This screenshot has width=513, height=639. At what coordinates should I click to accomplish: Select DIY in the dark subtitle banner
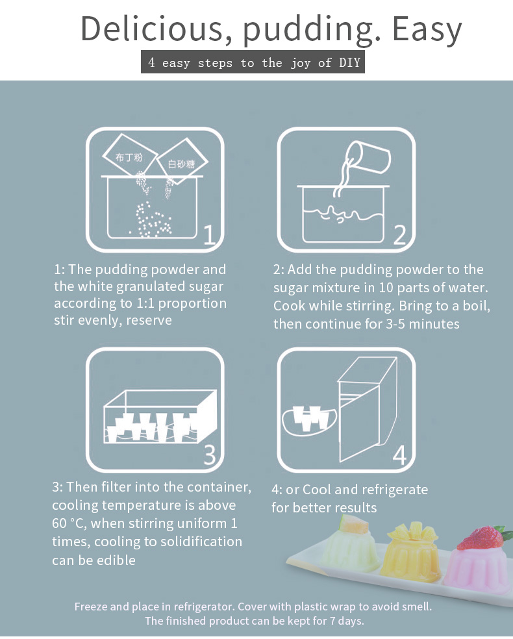point(349,62)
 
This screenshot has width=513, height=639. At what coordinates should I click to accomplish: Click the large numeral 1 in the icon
point(209,234)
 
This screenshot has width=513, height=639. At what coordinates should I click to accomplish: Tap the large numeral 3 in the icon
point(210,454)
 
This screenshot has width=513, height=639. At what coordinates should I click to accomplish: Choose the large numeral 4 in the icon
point(400,455)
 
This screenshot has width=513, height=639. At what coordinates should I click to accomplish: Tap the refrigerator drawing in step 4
point(367,409)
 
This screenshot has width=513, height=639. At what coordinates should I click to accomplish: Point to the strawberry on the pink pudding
point(480,538)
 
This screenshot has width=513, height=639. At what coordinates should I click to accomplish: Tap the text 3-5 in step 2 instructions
point(395,324)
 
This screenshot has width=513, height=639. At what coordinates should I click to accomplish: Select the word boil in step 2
point(476,306)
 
